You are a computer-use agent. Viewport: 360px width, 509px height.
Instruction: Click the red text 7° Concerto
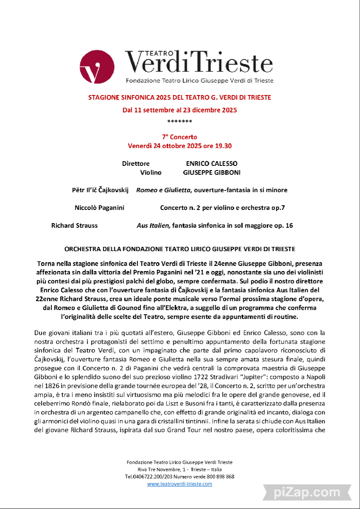180,137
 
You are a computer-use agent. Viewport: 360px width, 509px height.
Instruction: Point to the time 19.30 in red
222,146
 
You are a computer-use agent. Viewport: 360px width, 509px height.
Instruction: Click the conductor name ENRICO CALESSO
211,164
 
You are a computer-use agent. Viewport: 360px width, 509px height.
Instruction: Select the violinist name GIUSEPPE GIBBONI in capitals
211,173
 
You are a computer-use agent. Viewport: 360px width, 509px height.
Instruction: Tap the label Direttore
136,164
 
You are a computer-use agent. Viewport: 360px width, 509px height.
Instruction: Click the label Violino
151,173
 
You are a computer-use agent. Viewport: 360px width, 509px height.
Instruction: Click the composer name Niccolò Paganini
99,208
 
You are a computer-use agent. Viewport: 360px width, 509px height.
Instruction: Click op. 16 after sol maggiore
283,226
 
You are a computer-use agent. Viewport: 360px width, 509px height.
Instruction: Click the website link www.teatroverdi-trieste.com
180,484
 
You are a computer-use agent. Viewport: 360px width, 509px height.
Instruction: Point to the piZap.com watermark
307,492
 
